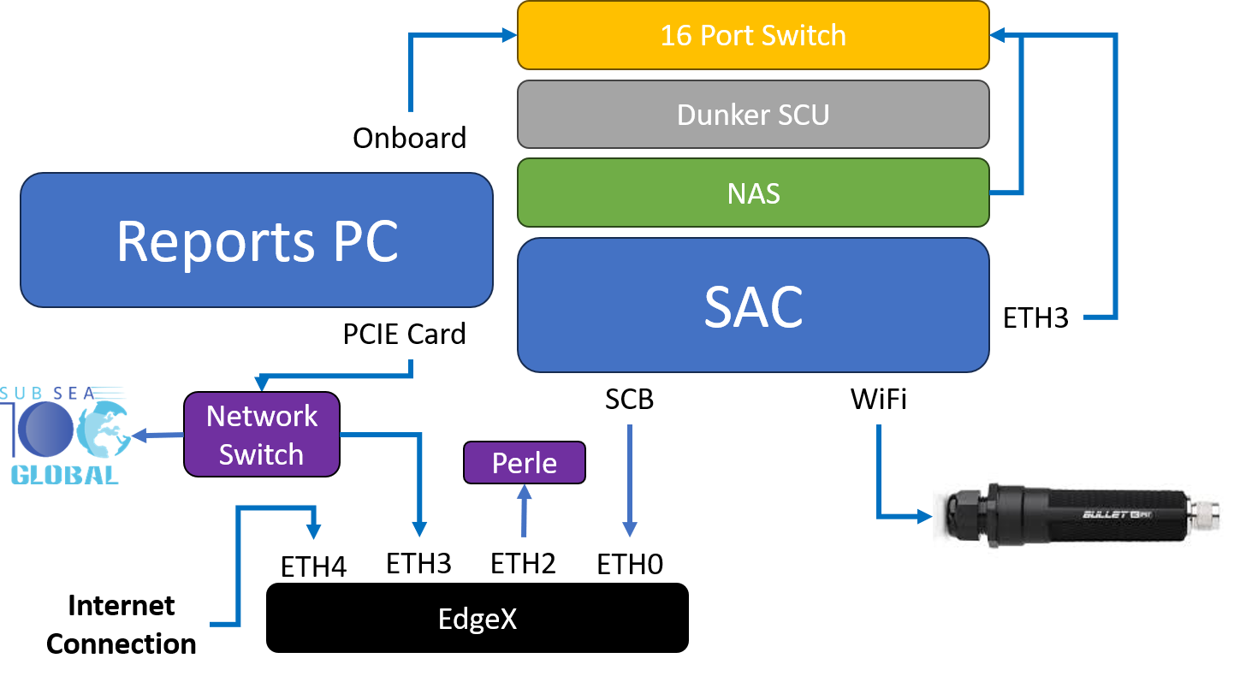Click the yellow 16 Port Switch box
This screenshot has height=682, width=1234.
pos(753,35)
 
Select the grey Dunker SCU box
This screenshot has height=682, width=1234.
pos(753,114)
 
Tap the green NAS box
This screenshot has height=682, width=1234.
pos(753,193)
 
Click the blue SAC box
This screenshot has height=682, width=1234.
pos(753,305)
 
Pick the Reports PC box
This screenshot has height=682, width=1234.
pos(257,240)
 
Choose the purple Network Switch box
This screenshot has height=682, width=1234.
pos(262,435)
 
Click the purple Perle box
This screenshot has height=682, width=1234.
pos(524,463)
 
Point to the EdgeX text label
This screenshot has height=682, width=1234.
pos(478,619)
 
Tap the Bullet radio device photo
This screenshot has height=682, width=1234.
pos(1082,516)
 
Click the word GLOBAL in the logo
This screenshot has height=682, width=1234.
pos(64,475)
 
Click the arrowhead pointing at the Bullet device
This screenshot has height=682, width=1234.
pos(924,517)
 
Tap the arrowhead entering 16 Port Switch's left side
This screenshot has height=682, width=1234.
pos(511,35)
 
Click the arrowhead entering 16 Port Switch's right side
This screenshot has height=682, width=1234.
pos(997,35)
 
